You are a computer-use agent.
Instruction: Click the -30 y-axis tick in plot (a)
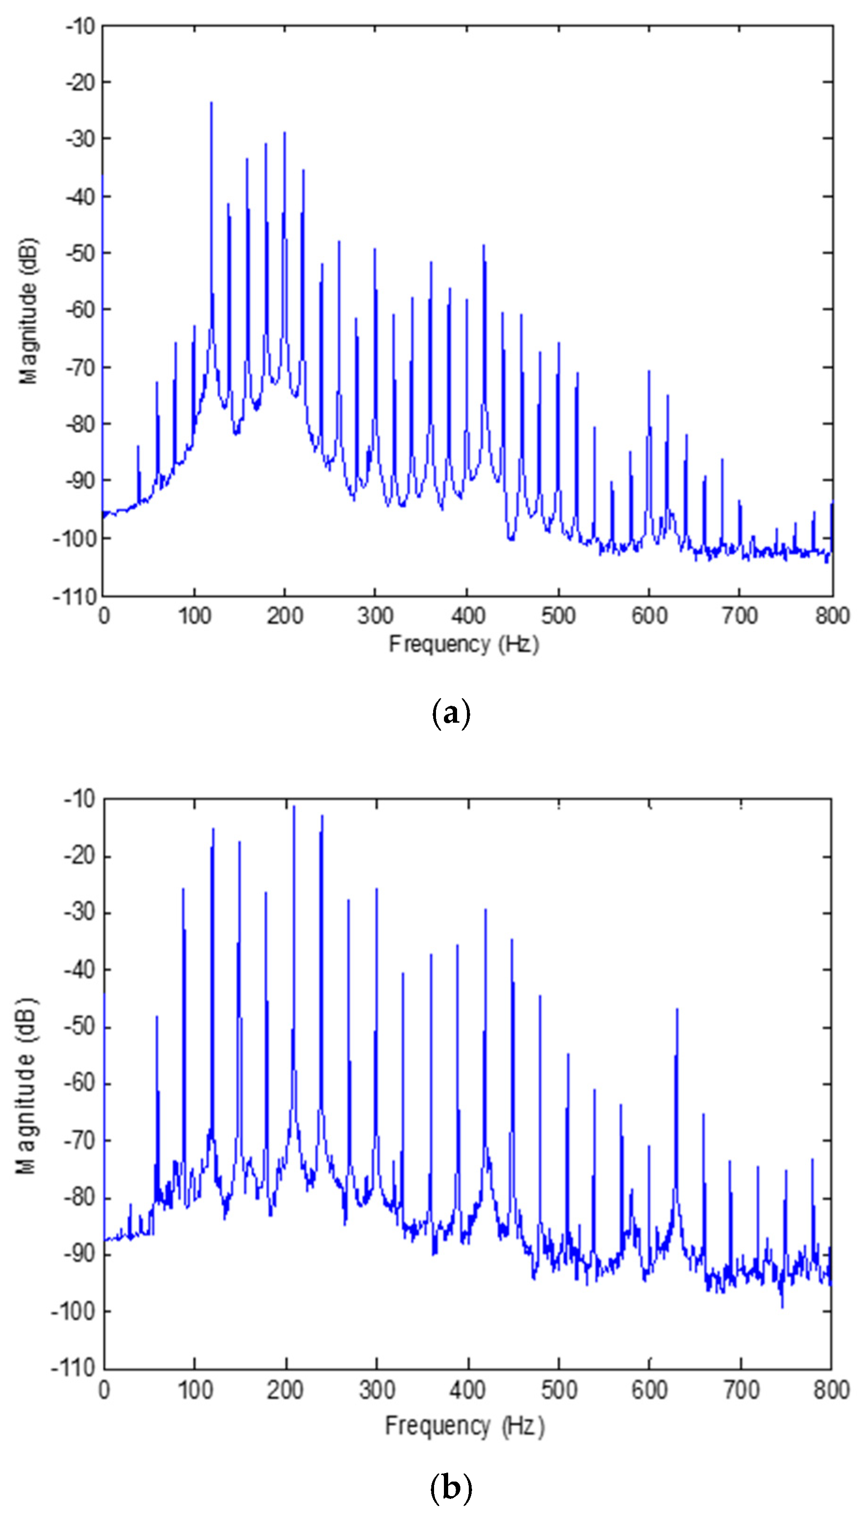[80, 139]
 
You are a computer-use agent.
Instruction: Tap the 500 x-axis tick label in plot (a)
[558, 616]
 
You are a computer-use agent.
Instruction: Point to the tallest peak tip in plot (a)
[211, 103]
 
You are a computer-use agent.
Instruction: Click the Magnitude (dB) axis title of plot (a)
[28, 311]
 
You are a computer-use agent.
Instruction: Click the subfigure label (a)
[451, 713]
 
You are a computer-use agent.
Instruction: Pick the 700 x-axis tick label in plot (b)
[741, 1390]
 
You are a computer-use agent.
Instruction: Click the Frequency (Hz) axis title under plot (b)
[464, 1425]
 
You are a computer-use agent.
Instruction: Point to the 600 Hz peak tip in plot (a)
[649, 372]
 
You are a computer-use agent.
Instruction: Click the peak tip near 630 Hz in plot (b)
[677, 1009]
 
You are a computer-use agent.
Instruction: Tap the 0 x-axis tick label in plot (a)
[104, 616]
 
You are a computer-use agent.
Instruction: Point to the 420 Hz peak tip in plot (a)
[484, 245]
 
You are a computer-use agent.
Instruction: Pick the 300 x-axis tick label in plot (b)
[376, 1390]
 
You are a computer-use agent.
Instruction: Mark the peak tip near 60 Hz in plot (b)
[157, 1017]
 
